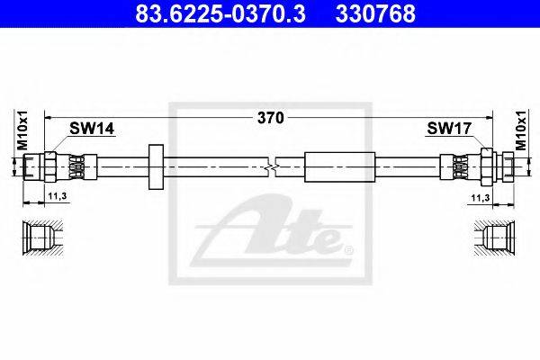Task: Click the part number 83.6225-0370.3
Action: [x=220, y=13]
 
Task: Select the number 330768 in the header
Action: [x=375, y=13]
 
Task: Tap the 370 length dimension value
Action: [x=271, y=118]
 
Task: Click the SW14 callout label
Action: [x=92, y=129]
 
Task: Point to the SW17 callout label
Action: [x=449, y=129]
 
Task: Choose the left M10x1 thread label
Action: [x=22, y=130]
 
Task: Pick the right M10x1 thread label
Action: [x=521, y=130]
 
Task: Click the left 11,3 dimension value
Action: [x=58, y=196]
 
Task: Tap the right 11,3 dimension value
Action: [x=481, y=198]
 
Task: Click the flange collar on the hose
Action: [x=156, y=167]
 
